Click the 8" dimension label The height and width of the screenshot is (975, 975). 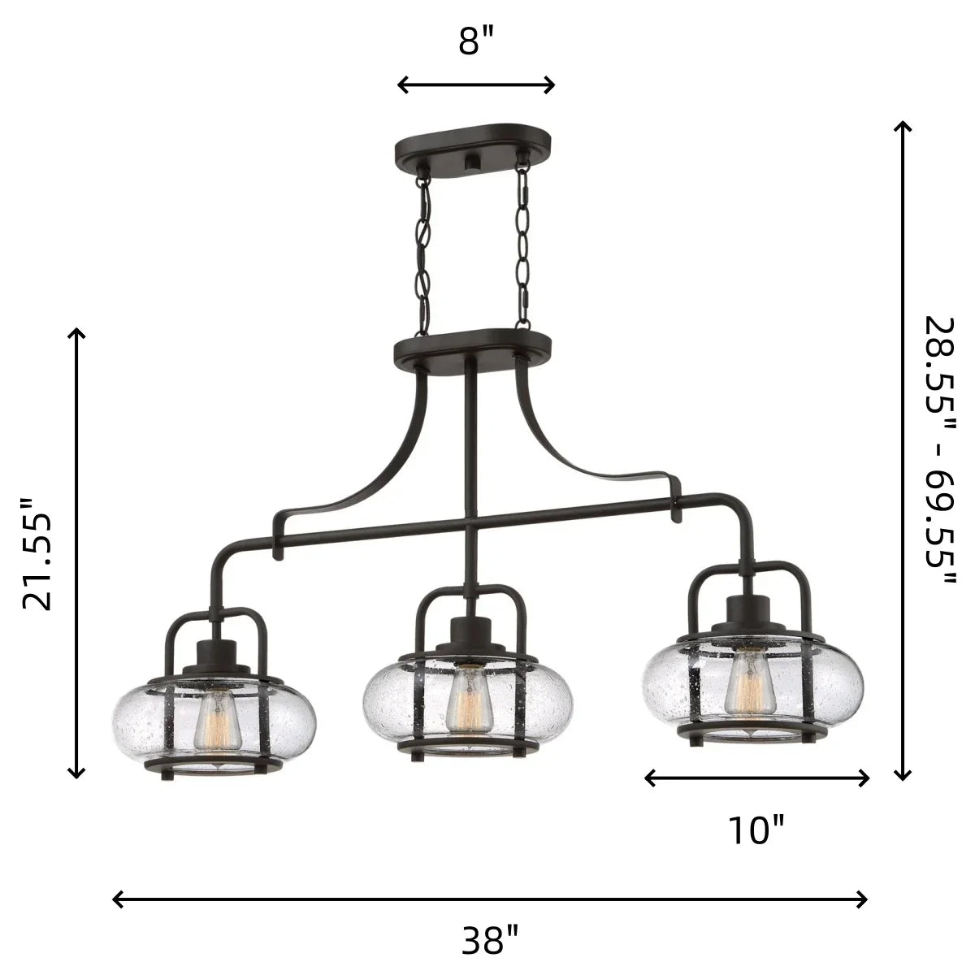tap(475, 41)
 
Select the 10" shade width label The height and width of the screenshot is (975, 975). tap(756, 830)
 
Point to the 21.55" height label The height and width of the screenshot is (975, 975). tap(37, 555)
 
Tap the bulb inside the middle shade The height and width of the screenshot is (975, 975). tap(470, 700)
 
